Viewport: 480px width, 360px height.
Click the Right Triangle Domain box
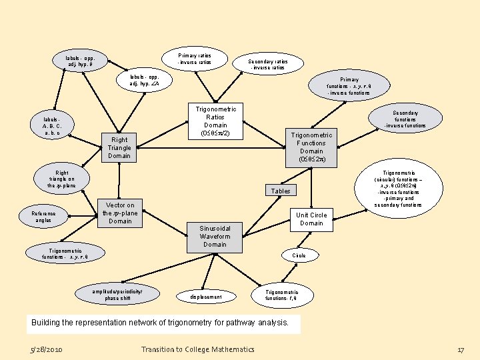point(119,147)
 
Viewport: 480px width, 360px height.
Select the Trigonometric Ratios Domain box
point(215,121)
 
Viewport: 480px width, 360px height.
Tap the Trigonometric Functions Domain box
point(312,147)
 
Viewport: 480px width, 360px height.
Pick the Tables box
point(281,191)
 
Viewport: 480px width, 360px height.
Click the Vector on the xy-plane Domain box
point(120,213)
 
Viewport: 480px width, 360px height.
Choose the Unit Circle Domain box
point(311,219)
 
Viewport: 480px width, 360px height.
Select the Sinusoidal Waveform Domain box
point(215,236)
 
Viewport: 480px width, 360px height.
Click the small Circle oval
point(299,255)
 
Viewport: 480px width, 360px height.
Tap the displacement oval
point(206,296)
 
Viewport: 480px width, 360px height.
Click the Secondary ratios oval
point(267,64)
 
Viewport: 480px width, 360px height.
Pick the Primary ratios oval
point(194,59)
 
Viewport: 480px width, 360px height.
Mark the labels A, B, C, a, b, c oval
point(53,127)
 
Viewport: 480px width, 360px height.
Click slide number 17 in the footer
point(460,349)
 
